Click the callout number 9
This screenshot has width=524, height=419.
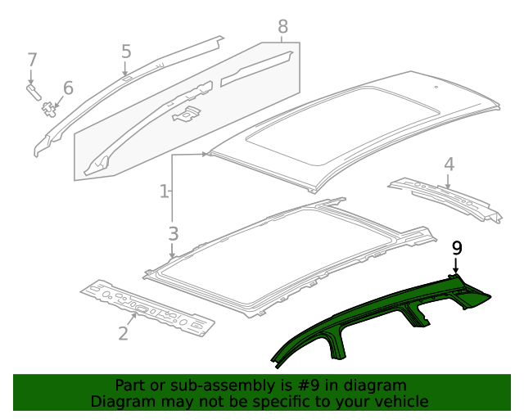tap(457, 247)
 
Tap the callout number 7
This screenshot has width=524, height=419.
tap(32, 60)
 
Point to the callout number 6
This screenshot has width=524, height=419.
tap(67, 88)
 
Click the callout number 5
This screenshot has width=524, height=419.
tap(126, 52)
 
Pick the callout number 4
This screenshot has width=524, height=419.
tap(449, 164)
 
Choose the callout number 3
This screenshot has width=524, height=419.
tap(173, 233)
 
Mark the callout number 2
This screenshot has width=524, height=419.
tap(123, 332)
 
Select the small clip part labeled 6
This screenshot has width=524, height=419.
tap(51, 106)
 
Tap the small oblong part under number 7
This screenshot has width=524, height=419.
tap(33, 90)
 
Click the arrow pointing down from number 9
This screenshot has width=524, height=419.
tap(457, 264)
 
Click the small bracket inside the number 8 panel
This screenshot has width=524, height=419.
tap(187, 115)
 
